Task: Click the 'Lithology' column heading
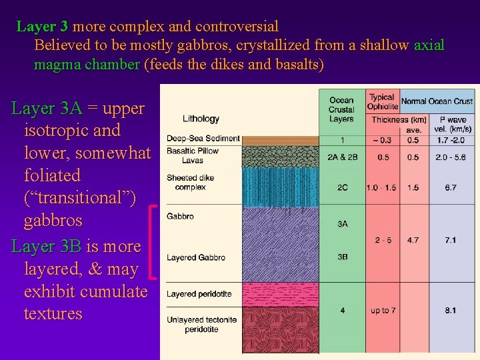point(201,119)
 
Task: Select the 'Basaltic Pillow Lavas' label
point(192,156)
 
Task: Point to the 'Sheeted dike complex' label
point(186,183)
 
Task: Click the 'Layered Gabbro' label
point(196,257)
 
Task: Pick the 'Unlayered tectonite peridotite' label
point(201,325)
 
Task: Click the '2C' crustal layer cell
point(342,188)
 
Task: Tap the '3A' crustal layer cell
point(342,224)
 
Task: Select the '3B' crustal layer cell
point(342,256)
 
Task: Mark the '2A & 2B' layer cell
point(342,157)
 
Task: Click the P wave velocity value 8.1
point(451,311)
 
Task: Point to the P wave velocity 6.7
point(451,188)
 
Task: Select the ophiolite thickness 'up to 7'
point(383,311)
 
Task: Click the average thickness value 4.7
point(413,240)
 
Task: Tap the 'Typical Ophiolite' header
point(383,101)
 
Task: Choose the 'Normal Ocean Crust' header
point(437,101)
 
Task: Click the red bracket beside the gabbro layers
point(155,242)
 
